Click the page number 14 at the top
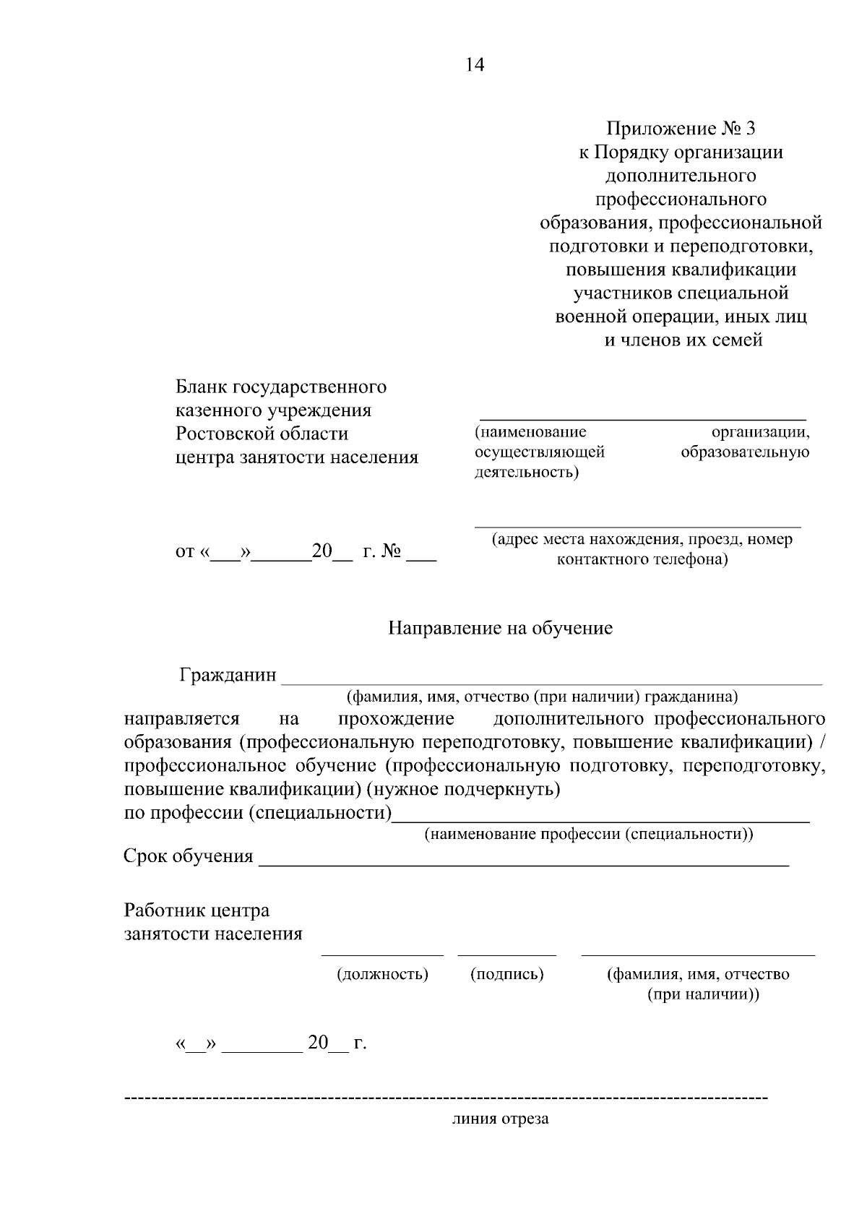click(475, 65)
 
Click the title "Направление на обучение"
click(500, 628)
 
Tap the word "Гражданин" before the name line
click(228, 675)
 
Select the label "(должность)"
click(382, 974)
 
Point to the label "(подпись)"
click(506, 974)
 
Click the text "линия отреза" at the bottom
click(500, 1119)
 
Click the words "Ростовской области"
click(262, 434)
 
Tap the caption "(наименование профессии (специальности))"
click(588, 834)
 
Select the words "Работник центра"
click(197, 910)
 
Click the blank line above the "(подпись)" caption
click(506, 955)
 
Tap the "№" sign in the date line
click(391, 552)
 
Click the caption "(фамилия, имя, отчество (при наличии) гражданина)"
click(542, 697)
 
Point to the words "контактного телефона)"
click(642, 559)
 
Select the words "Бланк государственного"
click(281, 387)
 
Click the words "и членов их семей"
click(683, 340)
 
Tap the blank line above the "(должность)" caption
click(382, 955)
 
